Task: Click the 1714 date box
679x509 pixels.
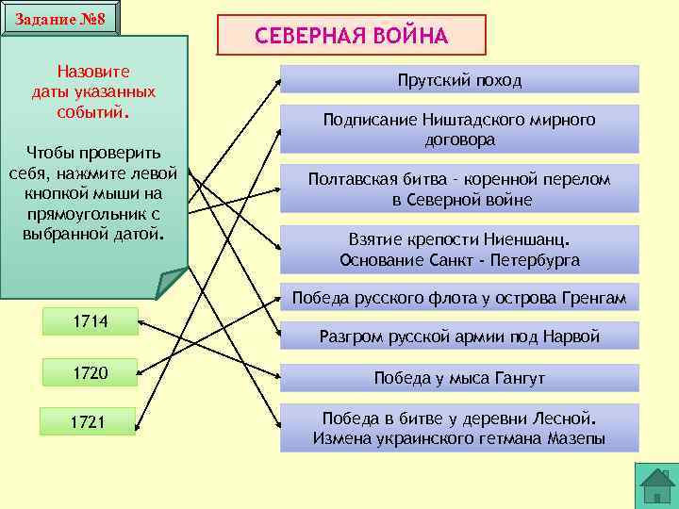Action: [x=89, y=322]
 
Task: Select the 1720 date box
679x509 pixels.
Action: [x=89, y=373]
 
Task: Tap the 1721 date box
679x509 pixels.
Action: [x=87, y=421]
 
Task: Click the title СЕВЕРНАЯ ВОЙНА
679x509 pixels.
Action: [x=352, y=36]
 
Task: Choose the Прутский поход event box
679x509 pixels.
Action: [x=459, y=80]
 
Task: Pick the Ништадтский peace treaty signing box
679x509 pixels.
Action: [x=459, y=129]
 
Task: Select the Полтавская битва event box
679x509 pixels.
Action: [x=459, y=189]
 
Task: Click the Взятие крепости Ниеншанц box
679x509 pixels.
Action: [x=459, y=249]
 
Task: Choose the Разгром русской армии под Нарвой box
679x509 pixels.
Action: [x=459, y=336]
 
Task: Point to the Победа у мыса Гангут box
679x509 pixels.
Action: [x=459, y=378]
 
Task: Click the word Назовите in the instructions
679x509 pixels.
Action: [x=93, y=72]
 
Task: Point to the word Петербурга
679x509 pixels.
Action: [x=535, y=260]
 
